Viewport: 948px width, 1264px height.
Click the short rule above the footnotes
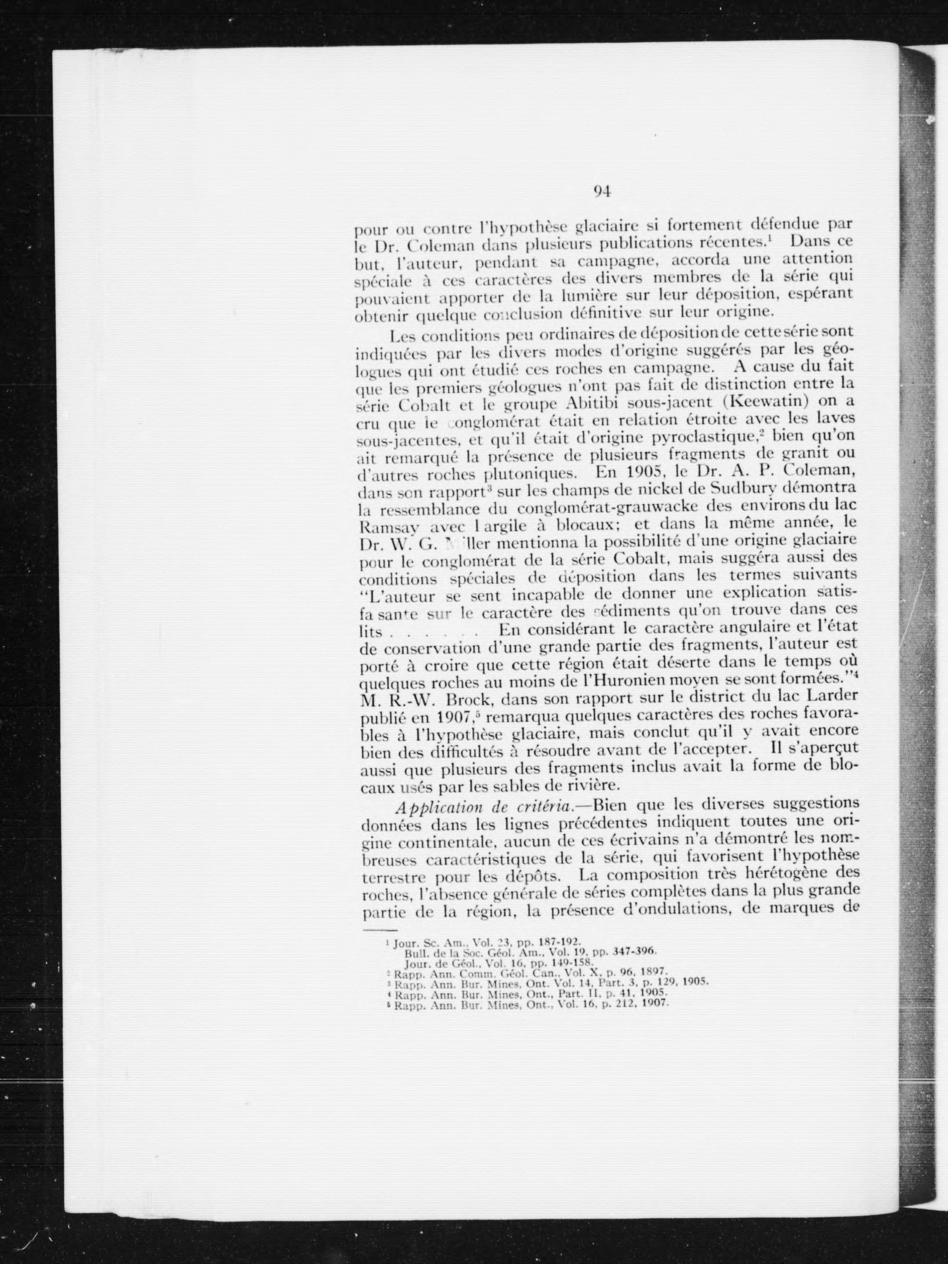(x=377, y=932)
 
